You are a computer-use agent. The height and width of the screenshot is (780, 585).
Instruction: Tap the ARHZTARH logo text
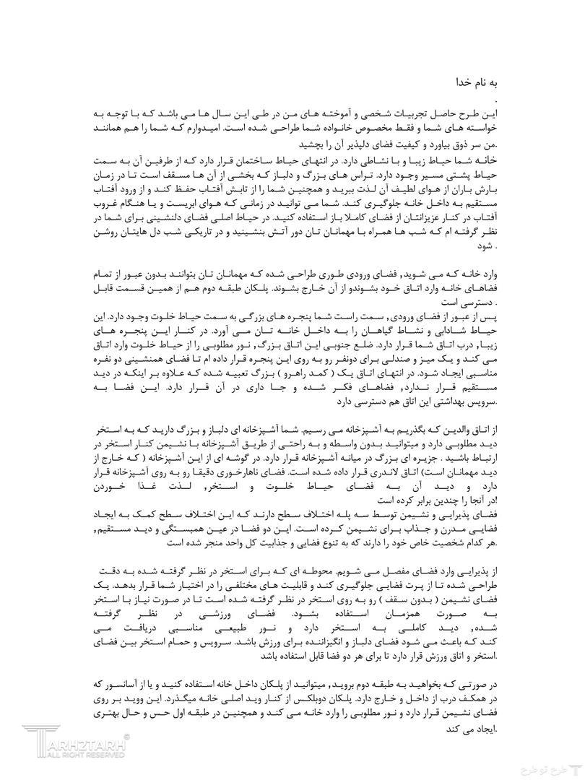80,743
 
